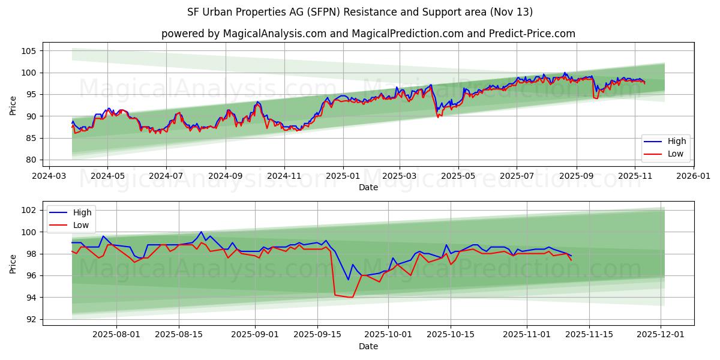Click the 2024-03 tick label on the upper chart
(49, 176)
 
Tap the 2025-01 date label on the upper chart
(343, 176)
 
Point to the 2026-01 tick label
(693, 176)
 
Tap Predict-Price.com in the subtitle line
(526, 34)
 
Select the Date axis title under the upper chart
(368, 187)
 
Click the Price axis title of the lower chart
(13, 263)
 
